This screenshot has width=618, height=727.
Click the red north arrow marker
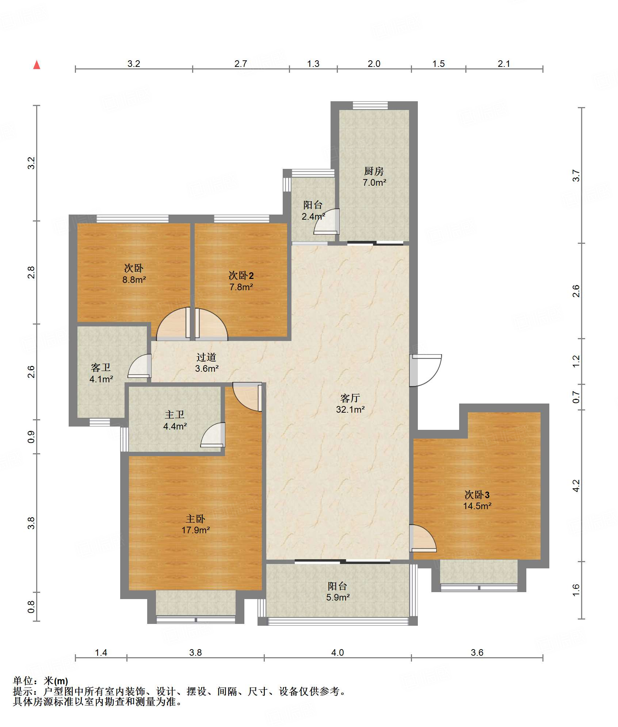[37, 65]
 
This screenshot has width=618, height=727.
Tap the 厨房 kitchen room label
[374, 171]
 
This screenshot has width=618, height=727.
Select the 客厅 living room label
[350, 398]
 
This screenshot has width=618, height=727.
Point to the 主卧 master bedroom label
[195, 519]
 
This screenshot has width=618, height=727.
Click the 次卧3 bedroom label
[477, 495]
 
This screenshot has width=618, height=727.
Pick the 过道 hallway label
[206, 357]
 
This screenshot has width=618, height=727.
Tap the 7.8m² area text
[241, 287]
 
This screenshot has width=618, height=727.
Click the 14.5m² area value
[477, 506]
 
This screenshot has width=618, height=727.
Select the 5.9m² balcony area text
[338, 598]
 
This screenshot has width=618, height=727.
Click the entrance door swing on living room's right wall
[426, 370]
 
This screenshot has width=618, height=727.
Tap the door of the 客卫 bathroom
[140, 366]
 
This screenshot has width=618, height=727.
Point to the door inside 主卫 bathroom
[213, 435]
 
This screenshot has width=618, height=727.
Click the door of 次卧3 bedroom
[423, 538]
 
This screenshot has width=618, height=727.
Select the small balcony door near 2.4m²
[327, 221]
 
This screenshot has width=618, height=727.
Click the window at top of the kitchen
[370, 105]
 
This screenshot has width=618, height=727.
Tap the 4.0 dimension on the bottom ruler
[337, 652]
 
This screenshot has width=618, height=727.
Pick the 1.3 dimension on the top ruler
[313, 64]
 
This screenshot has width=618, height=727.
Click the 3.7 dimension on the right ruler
[576, 175]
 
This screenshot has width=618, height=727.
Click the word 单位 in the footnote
[23, 681]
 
